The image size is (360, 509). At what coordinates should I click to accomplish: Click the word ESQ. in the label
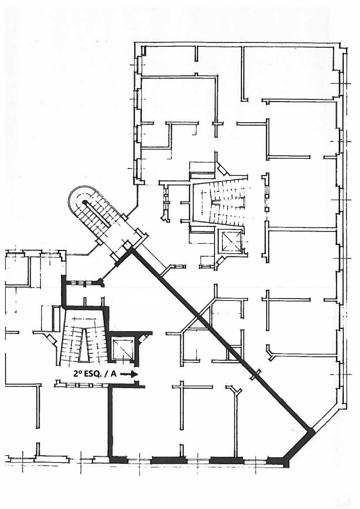click(94, 374)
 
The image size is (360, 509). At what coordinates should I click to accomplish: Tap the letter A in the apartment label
click(113, 374)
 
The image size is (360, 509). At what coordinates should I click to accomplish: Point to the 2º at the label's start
click(77, 374)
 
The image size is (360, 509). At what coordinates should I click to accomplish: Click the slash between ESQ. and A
click(107, 374)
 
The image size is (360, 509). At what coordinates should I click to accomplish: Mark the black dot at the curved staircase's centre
click(85, 202)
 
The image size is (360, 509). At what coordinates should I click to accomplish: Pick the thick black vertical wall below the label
click(111, 420)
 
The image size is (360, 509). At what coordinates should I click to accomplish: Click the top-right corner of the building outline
click(338, 44)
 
